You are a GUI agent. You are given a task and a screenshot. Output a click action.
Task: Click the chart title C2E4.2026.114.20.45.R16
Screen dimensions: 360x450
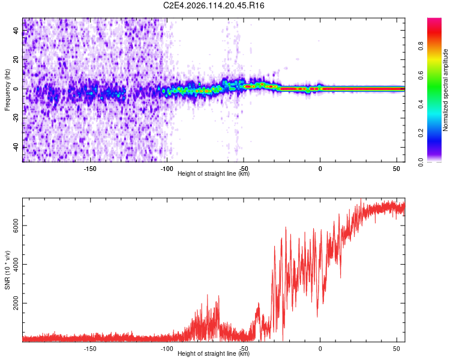(x=214, y=5)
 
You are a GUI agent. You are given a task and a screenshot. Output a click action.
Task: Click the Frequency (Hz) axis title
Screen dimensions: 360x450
(x=7, y=90)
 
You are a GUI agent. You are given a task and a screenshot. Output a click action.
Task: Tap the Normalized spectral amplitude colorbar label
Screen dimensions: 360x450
(x=446, y=90)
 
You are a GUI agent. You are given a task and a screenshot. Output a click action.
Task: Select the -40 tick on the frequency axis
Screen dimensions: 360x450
(x=17, y=147)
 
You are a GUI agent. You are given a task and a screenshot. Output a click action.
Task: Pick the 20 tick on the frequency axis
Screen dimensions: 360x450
(x=17, y=60)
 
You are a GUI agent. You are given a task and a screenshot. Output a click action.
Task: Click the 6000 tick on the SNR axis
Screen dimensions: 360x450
(x=17, y=226)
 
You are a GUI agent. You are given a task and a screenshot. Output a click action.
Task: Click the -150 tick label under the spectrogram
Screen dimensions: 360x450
(x=90, y=169)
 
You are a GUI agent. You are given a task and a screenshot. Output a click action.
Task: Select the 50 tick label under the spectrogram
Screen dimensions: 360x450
(x=397, y=169)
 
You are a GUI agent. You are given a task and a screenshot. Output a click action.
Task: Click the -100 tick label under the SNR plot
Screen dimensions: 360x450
(x=167, y=349)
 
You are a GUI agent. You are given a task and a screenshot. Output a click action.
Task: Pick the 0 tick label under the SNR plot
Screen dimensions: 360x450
(x=320, y=349)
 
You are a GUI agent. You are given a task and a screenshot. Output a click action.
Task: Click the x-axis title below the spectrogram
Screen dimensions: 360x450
(x=214, y=174)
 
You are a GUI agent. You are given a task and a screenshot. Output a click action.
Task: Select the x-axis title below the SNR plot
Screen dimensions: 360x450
(x=214, y=354)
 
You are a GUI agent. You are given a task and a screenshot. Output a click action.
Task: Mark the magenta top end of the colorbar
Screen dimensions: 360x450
(x=434, y=20)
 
